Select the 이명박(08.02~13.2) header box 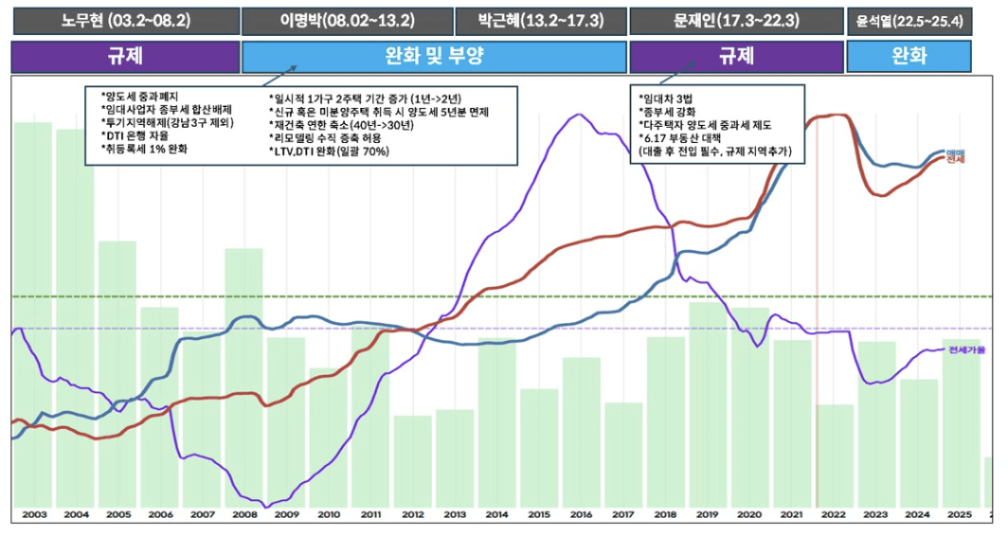[345, 20]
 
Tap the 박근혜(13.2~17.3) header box [541, 20]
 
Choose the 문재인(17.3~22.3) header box [735, 20]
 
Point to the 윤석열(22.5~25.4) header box [909, 20]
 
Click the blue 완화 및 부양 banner [435, 57]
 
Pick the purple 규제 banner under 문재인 [736, 57]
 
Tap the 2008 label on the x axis [243, 514]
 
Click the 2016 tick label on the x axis [581, 514]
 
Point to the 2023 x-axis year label [875, 514]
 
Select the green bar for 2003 [33, 313]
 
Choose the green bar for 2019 [708, 402]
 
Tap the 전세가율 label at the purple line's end [966, 350]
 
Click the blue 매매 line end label [955, 152]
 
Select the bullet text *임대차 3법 [668, 98]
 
